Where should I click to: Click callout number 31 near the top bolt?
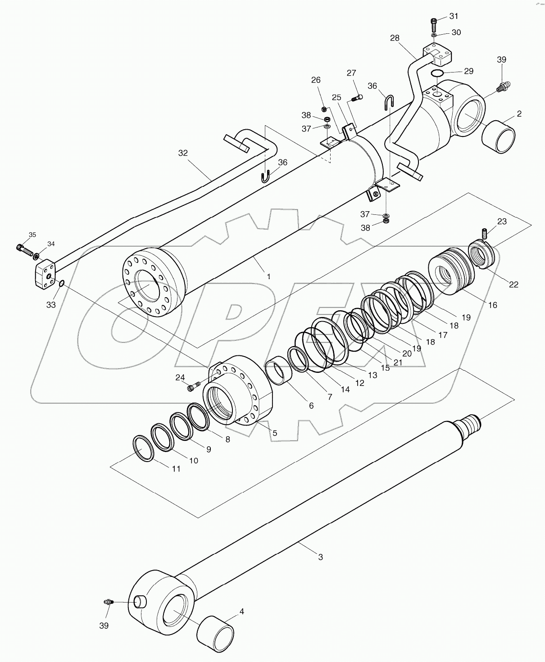click(x=454, y=17)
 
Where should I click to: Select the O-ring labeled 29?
click(x=437, y=73)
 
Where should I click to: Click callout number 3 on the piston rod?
click(x=320, y=557)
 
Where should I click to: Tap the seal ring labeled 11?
click(x=145, y=449)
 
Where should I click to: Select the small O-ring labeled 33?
click(x=61, y=283)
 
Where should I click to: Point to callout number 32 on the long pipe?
click(x=182, y=153)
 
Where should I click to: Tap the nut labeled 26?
click(x=324, y=109)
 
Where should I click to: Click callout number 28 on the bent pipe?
click(x=395, y=38)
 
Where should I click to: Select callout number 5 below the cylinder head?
click(x=274, y=433)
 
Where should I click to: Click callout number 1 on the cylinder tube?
click(x=269, y=276)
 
